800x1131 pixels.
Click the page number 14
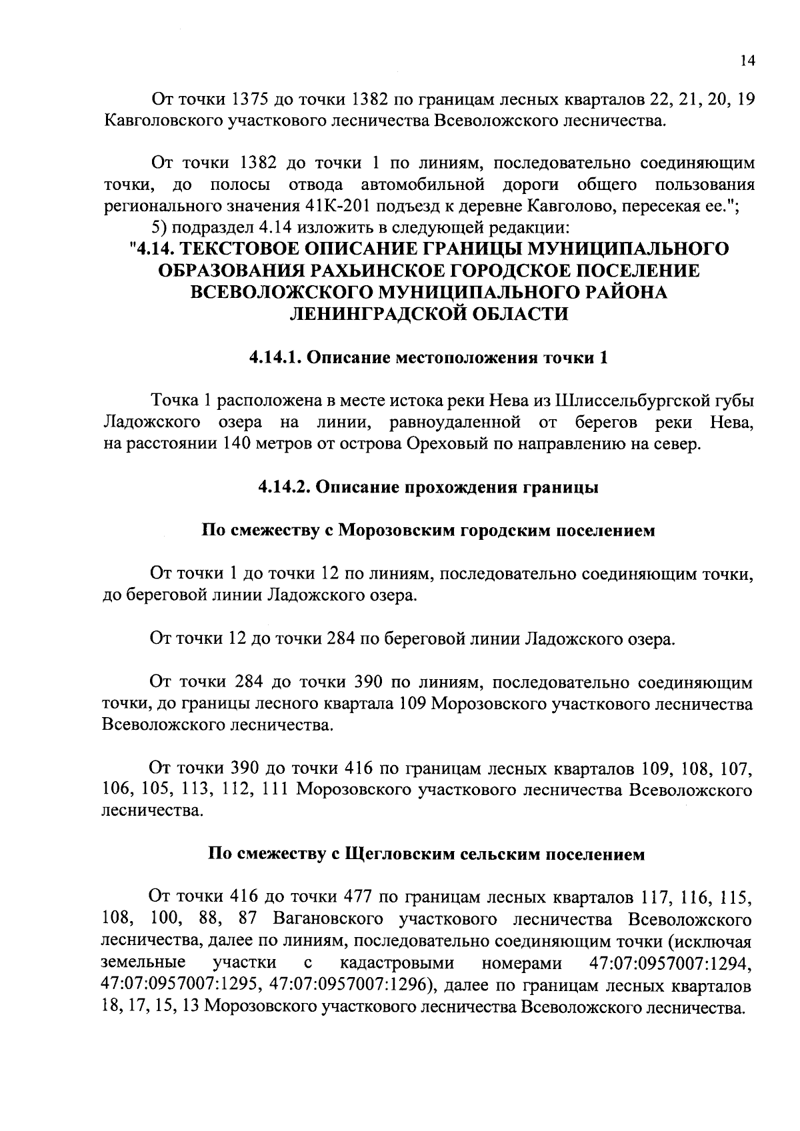tap(747, 61)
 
